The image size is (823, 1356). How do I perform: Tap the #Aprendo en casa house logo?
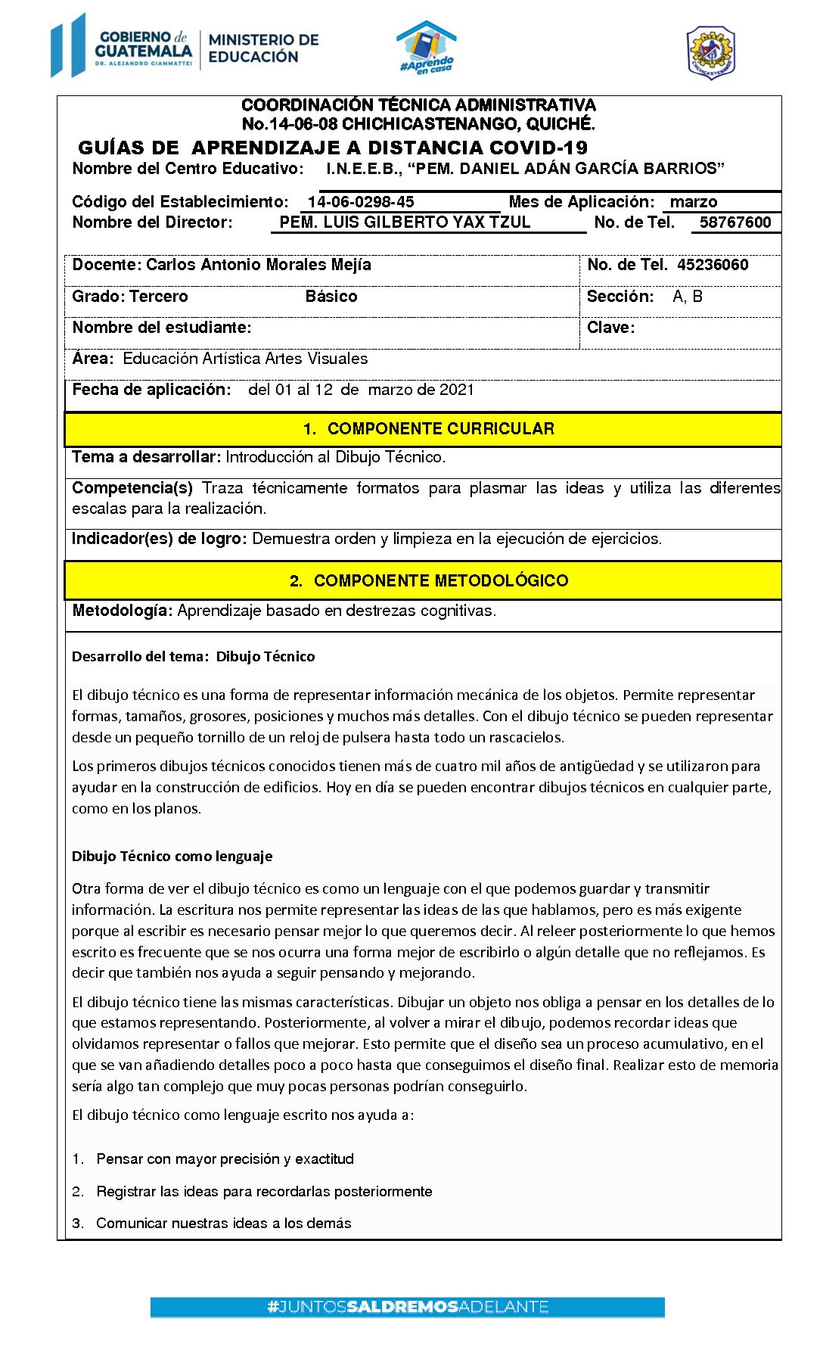pyautogui.click(x=427, y=48)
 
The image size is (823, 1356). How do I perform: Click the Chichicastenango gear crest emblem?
pyautogui.click(x=710, y=52)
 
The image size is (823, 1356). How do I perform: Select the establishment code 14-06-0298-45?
pyautogui.click(x=361, y=202)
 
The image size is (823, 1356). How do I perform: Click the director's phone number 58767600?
pyautogui.click(x=734, y=222)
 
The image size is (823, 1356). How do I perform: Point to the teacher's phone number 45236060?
pyautogui.click(x=713, y=265)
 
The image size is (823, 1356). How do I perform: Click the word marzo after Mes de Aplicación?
pyautogui.click(x=693, y=202)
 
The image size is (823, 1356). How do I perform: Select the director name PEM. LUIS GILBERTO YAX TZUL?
pyautogui.click(x=405, y=222)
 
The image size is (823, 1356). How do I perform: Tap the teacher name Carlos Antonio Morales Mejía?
pyautogui.click(x=259, y=265)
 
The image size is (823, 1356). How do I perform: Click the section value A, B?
pyautogui.click(x=688, y=297)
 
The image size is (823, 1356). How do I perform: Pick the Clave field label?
pyautogui.click(x=610, y=328)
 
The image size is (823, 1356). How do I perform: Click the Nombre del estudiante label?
pyautogui.click(x=162, y=328)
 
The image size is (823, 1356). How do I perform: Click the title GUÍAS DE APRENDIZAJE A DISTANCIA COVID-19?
pyautogui.click(x=333, y=148)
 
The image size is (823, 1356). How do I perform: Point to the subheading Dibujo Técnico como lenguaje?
pyautogui.click(x=172, y=857)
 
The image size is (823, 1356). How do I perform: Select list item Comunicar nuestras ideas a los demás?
pyautogui.click(x=223, y=1224)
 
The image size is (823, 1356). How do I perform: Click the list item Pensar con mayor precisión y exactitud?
pyautogui.click(x=225, y=1159)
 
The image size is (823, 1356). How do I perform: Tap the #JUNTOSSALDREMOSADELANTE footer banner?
pyautogui.click(x=407, y=1307)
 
